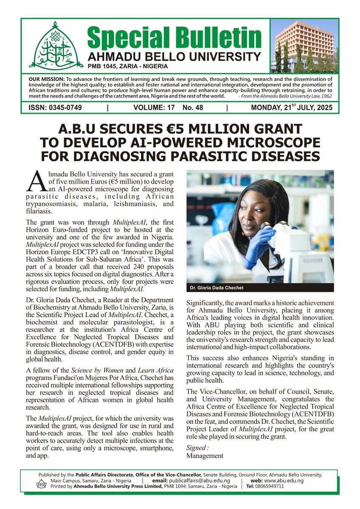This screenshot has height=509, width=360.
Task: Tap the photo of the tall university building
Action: (x=305, y=45)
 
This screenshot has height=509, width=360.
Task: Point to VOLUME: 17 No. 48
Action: (x=168, y=108)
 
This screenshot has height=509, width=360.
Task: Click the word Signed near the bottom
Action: (x=197, y=447)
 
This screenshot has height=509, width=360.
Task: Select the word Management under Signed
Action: (x=205, y=456)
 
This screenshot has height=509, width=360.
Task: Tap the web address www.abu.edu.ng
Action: (x=284, y=481)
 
